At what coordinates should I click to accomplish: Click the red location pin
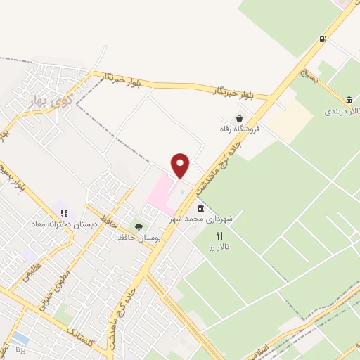coord(181,165)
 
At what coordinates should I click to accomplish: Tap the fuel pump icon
coord(322,39)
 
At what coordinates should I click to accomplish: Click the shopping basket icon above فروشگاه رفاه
coord(240,119)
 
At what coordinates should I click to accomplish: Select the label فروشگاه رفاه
coord(238,130)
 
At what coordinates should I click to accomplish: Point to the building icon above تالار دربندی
coord(349,101)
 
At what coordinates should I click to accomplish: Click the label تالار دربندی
coord(342,112)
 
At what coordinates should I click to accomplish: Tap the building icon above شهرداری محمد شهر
coord(201,209)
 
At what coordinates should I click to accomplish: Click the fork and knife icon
coord(219,236)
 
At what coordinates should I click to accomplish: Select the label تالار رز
coord(219,247)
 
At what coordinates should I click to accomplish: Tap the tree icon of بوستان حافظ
coord(139,227)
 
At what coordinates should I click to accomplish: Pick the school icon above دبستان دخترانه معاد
coord(63,212)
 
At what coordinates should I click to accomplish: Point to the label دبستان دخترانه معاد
coord(60,224)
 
